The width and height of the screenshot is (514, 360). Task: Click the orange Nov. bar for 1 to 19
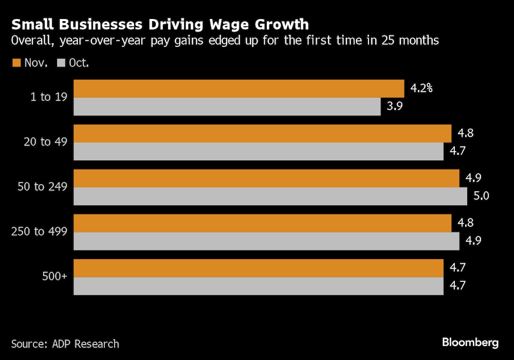coord(239,88)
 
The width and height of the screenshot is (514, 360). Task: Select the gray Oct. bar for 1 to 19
coord(227,106)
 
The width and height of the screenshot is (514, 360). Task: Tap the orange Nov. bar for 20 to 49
coord(262,133)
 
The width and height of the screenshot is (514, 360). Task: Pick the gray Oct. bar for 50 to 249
coord(270,196)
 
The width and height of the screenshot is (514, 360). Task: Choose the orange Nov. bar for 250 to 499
coord(262,223)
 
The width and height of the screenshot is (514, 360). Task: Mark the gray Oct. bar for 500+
coord(259,286)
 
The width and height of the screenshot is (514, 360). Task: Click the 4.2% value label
coord(421,88)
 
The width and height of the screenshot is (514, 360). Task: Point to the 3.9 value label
coord(394,106)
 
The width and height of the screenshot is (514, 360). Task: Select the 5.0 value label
coord(480,196)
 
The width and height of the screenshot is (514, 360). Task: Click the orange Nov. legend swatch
coord(16,63)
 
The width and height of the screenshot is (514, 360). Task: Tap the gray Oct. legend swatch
coord(61,63)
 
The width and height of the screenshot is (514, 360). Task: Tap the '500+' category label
coord(55,277)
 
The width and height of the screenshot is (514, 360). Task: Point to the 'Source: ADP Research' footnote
coord(65,344)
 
